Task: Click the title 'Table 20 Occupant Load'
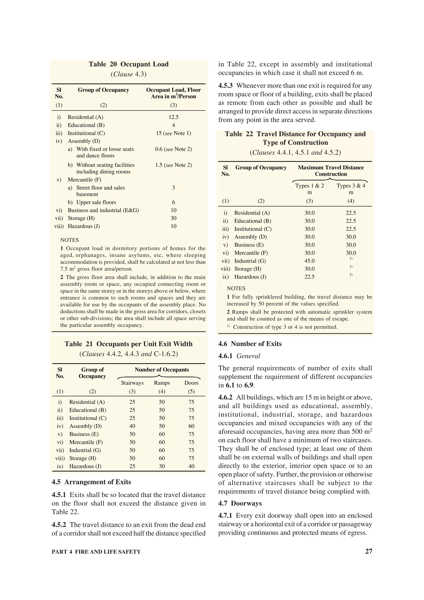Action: pos(129,64)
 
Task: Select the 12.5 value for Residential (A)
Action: pos(173,117)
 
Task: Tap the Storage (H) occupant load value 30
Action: pos(173,218)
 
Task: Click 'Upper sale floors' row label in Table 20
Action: pos(96,202)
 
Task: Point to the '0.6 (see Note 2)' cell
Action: pos(173,149)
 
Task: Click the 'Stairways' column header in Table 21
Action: pos(132,383)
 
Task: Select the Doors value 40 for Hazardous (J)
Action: pos(191,466)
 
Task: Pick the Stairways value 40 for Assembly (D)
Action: pos(132,426)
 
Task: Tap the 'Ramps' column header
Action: pos(162,383)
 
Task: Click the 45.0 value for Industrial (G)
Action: pos(309,261)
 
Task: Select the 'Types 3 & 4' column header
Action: pos(351,186)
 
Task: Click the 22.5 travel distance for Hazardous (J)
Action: pos(309,277)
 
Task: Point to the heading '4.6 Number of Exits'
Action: pos(250,344)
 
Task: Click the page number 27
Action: pos(369,551)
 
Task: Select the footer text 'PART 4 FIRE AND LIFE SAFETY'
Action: pos(96,552)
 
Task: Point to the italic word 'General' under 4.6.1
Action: pos(248,356)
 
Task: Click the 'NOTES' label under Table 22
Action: pos(236,288)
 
